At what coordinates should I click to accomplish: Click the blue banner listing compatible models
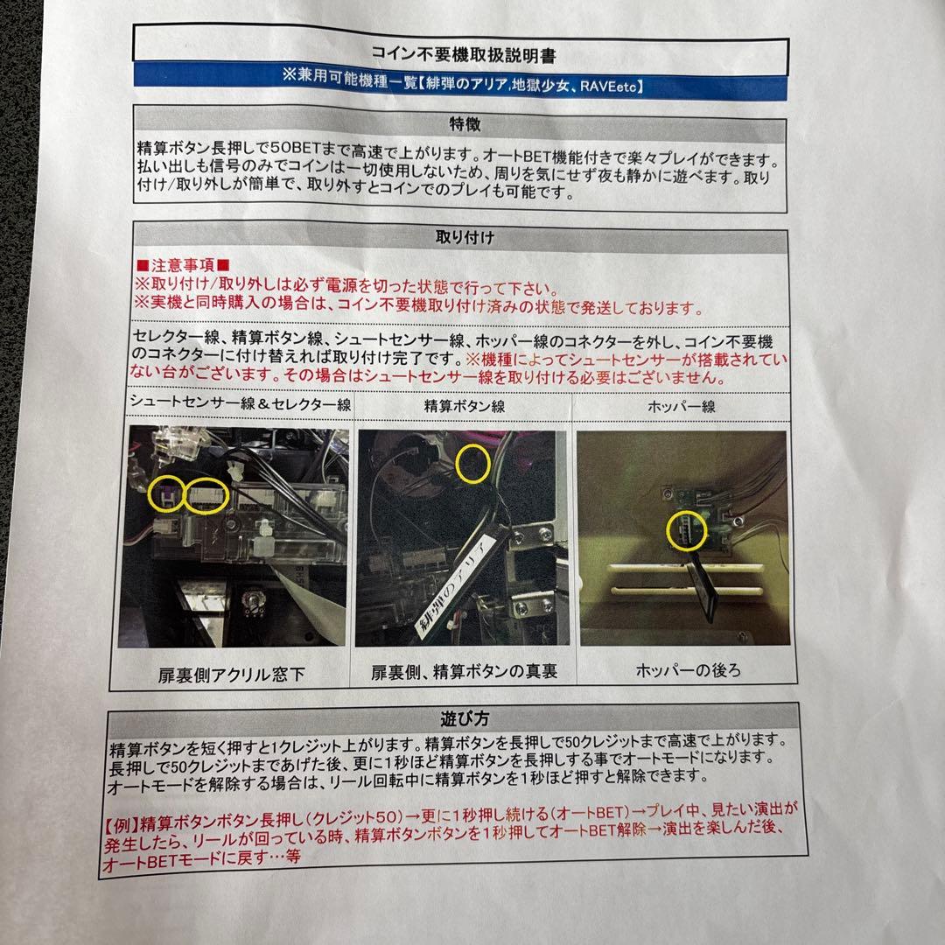click(x=463, y=86)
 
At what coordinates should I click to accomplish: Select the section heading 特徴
click(x=462, y=126)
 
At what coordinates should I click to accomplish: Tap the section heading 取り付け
click(x=462, y=238)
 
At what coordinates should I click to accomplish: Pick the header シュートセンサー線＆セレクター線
click(x=241, y=403)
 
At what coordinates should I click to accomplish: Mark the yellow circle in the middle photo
click(x=473, y=463)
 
